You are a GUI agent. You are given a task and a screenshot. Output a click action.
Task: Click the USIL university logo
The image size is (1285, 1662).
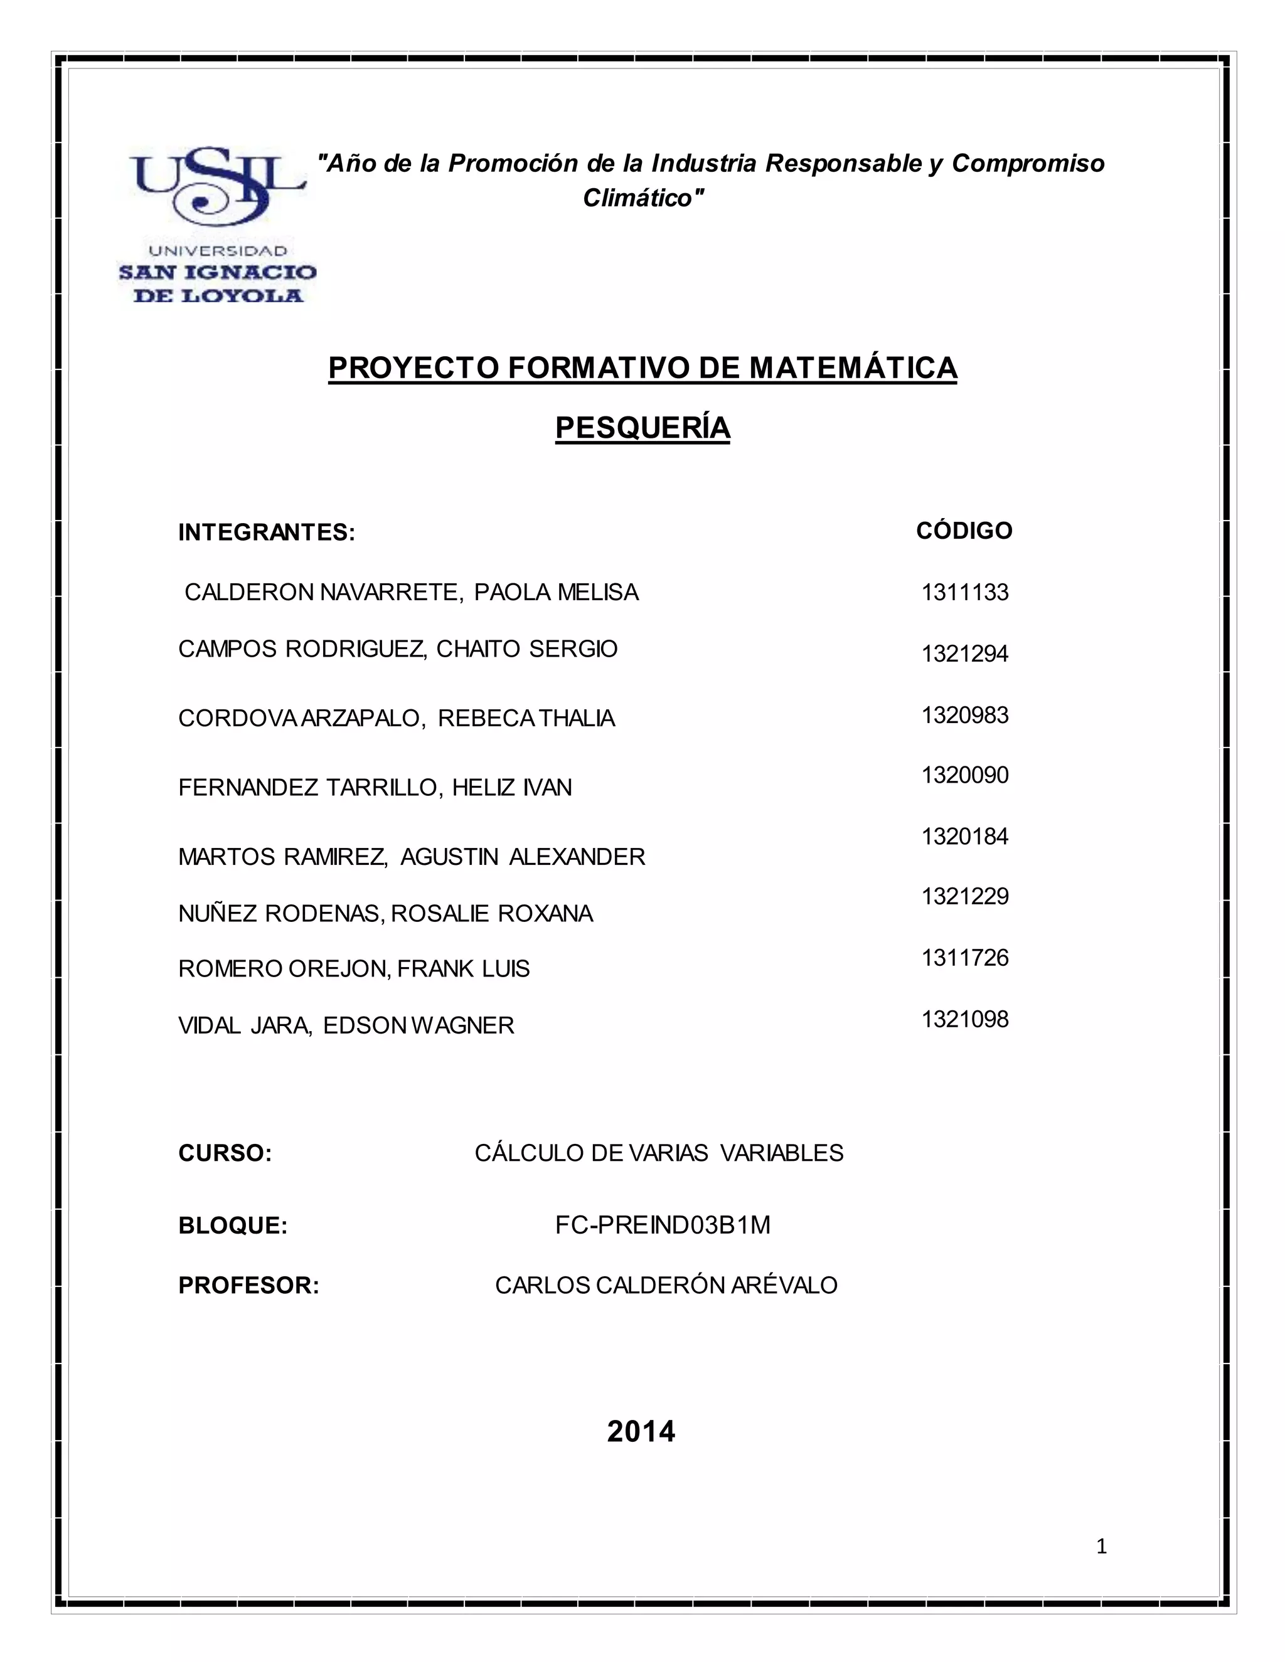(x=218, y=226)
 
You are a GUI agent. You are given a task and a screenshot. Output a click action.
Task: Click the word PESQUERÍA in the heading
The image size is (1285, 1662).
(x=642, y=428)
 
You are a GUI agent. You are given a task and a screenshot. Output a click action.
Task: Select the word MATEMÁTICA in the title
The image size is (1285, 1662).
(x=853, y=368)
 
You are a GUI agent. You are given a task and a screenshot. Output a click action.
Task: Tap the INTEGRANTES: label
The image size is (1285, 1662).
(x=267, y=532)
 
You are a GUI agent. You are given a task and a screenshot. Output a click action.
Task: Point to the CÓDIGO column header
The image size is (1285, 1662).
(x=964, y=531)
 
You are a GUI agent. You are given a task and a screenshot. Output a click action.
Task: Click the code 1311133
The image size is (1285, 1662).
(x=964, y=592)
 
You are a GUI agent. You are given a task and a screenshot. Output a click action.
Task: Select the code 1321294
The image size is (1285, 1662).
(x=964, y=654)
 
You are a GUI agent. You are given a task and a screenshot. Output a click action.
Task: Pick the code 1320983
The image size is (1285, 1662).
(x=964, y=716)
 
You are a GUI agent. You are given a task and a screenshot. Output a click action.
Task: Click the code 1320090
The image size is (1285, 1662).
(x=964, y=775)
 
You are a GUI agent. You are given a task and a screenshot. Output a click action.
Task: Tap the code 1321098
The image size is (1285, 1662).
(x=964, y=1019)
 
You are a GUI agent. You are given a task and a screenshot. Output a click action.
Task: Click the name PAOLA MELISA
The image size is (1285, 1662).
(x=556, y=592)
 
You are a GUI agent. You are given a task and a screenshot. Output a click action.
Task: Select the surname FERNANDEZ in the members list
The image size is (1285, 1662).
(x=248, y=787)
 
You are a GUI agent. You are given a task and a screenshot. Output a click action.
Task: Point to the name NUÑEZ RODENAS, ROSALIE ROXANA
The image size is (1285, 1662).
(x=385, y=913)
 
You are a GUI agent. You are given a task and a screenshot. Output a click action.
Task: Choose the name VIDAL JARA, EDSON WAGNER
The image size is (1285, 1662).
(x=346, y=1026)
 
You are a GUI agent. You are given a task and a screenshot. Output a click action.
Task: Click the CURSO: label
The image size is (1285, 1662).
(x=225, y=1153)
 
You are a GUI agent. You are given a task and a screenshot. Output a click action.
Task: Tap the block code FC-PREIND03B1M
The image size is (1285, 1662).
(x=663, y=1225)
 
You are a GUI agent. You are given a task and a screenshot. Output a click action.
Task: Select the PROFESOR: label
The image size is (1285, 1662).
(x=248, y=1285)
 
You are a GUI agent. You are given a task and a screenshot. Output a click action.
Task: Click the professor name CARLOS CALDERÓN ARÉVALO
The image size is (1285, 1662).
(x=666, y=1285)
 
